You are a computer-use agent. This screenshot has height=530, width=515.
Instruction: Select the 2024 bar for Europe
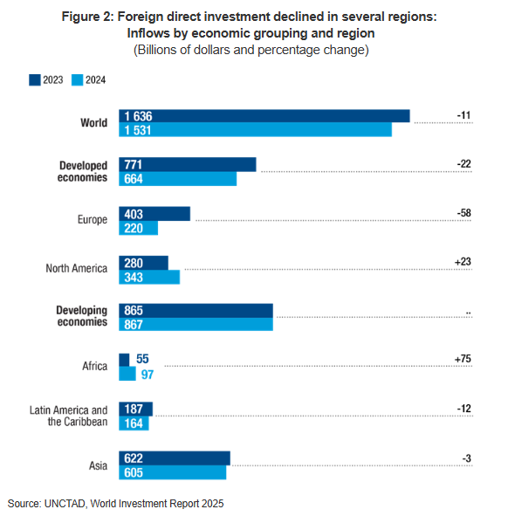pos(139,228)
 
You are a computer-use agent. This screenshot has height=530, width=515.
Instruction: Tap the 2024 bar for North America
pos(149,277)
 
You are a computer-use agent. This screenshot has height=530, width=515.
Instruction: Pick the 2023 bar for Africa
pos(124,360)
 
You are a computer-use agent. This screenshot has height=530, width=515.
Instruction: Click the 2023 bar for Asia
pos(175,458)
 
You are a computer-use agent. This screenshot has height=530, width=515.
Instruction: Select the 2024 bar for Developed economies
pos(178,179)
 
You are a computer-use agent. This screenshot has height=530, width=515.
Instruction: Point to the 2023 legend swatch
pos(35,79)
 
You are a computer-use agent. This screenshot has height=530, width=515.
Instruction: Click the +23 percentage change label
pos(463,262)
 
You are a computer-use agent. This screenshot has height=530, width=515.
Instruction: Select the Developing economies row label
pos(81,317)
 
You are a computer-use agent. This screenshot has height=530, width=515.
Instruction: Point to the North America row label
pos(77,269)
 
